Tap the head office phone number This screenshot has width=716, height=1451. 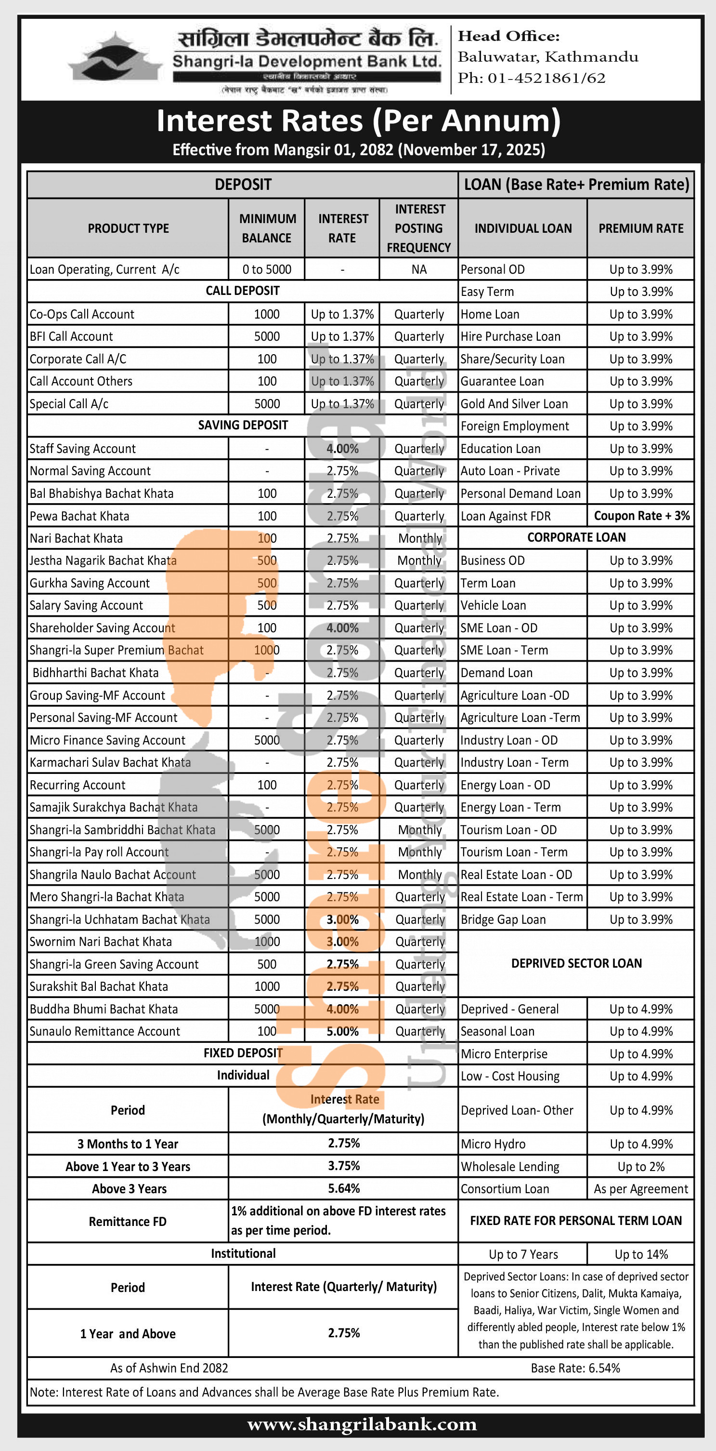546,78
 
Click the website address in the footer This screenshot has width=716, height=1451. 362,1424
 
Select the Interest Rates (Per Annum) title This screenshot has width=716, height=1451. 358,120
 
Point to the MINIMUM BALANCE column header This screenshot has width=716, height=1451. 267,228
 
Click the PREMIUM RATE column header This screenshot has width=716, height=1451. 640,228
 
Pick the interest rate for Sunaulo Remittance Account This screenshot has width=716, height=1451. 342,1031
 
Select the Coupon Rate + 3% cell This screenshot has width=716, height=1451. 641,516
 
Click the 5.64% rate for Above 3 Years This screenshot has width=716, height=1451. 343,1188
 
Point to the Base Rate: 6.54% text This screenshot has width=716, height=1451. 575,1368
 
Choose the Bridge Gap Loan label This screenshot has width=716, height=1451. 503,919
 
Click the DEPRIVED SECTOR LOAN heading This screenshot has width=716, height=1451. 576,963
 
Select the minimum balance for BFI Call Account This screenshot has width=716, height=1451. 267,336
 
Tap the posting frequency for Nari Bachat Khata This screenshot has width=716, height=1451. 419,538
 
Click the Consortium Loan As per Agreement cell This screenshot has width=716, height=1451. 640,1188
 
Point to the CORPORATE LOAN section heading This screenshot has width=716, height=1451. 576,537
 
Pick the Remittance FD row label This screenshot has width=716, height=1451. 128,1221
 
